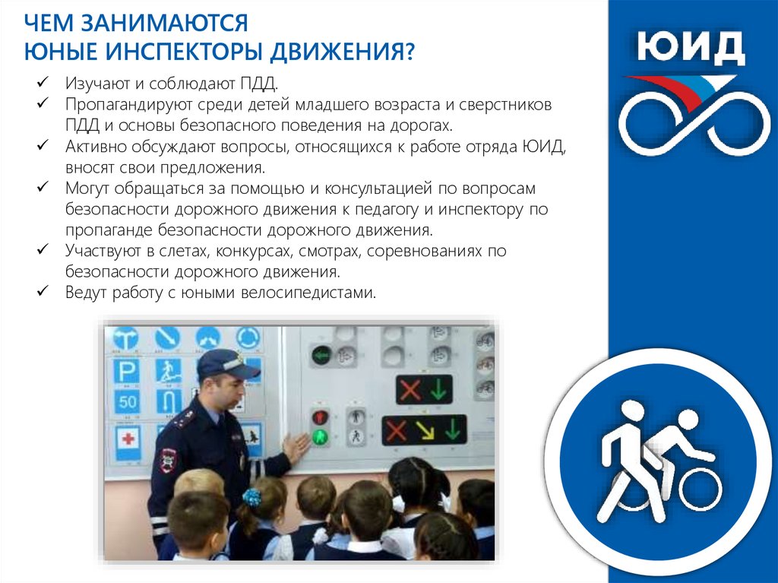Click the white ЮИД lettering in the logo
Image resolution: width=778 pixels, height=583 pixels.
[691, 48]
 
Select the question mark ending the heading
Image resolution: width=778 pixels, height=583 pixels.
[409, 52]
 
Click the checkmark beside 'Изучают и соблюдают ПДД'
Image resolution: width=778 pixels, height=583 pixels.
[43, 81]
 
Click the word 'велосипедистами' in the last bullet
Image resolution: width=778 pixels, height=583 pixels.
[308, 292]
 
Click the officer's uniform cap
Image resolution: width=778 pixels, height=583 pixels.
[227, 364]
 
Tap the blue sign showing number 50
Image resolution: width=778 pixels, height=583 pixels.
[127, 401]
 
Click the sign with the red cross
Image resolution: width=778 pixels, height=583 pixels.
[128, 440]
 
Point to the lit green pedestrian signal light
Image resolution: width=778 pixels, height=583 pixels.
[320, 437]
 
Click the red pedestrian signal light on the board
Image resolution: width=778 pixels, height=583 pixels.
[320, 417]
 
